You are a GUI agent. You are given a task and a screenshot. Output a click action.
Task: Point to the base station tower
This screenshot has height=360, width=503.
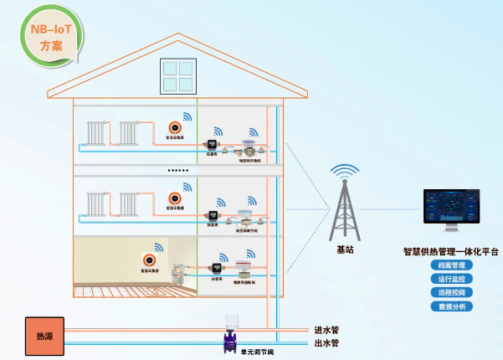pos(345,205)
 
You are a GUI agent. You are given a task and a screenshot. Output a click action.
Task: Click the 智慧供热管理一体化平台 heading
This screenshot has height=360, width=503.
pos(450,249)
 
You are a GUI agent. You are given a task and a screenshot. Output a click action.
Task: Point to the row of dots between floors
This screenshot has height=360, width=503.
pos(178,171)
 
